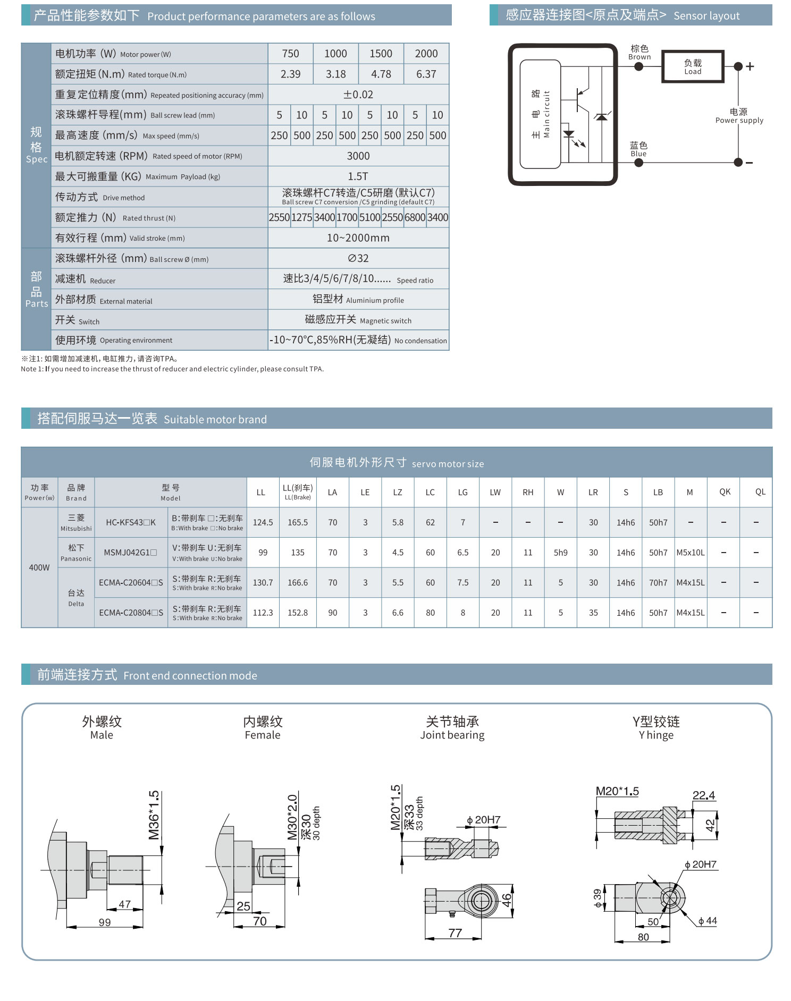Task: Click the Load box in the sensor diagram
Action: [x=692, y=66]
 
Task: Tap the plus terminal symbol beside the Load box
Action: [x=750, y=66]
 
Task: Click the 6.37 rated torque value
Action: [x=426, y=74]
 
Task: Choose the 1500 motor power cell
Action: [x=381, y=54]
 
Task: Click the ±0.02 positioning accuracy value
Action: [x=358, y=95]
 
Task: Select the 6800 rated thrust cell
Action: [x=415, y=217]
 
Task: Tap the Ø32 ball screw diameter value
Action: [x=358, y=258]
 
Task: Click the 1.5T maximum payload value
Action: [x=358, y=176]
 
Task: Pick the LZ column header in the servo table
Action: [x=398, y=493]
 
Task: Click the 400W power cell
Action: [x=39, y=567]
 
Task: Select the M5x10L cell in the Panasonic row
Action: [x=690, y=553]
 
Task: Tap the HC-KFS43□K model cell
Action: [x=131, y=522]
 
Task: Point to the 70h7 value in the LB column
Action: [x=658, y=583]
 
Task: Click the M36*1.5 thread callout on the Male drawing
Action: [x=154, y=815]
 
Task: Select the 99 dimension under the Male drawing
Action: [x=105, y=922]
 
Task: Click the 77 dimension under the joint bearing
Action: [x=455, y=933]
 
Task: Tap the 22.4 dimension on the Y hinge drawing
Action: [x=704, y=795]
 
